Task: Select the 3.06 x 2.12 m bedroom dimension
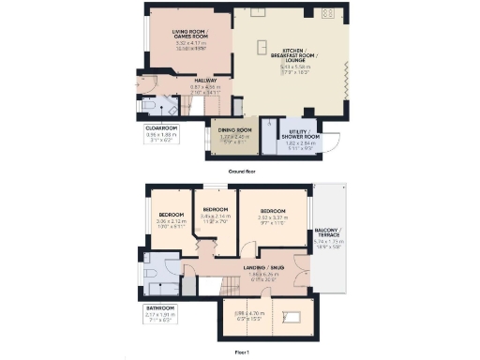point(171,222)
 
